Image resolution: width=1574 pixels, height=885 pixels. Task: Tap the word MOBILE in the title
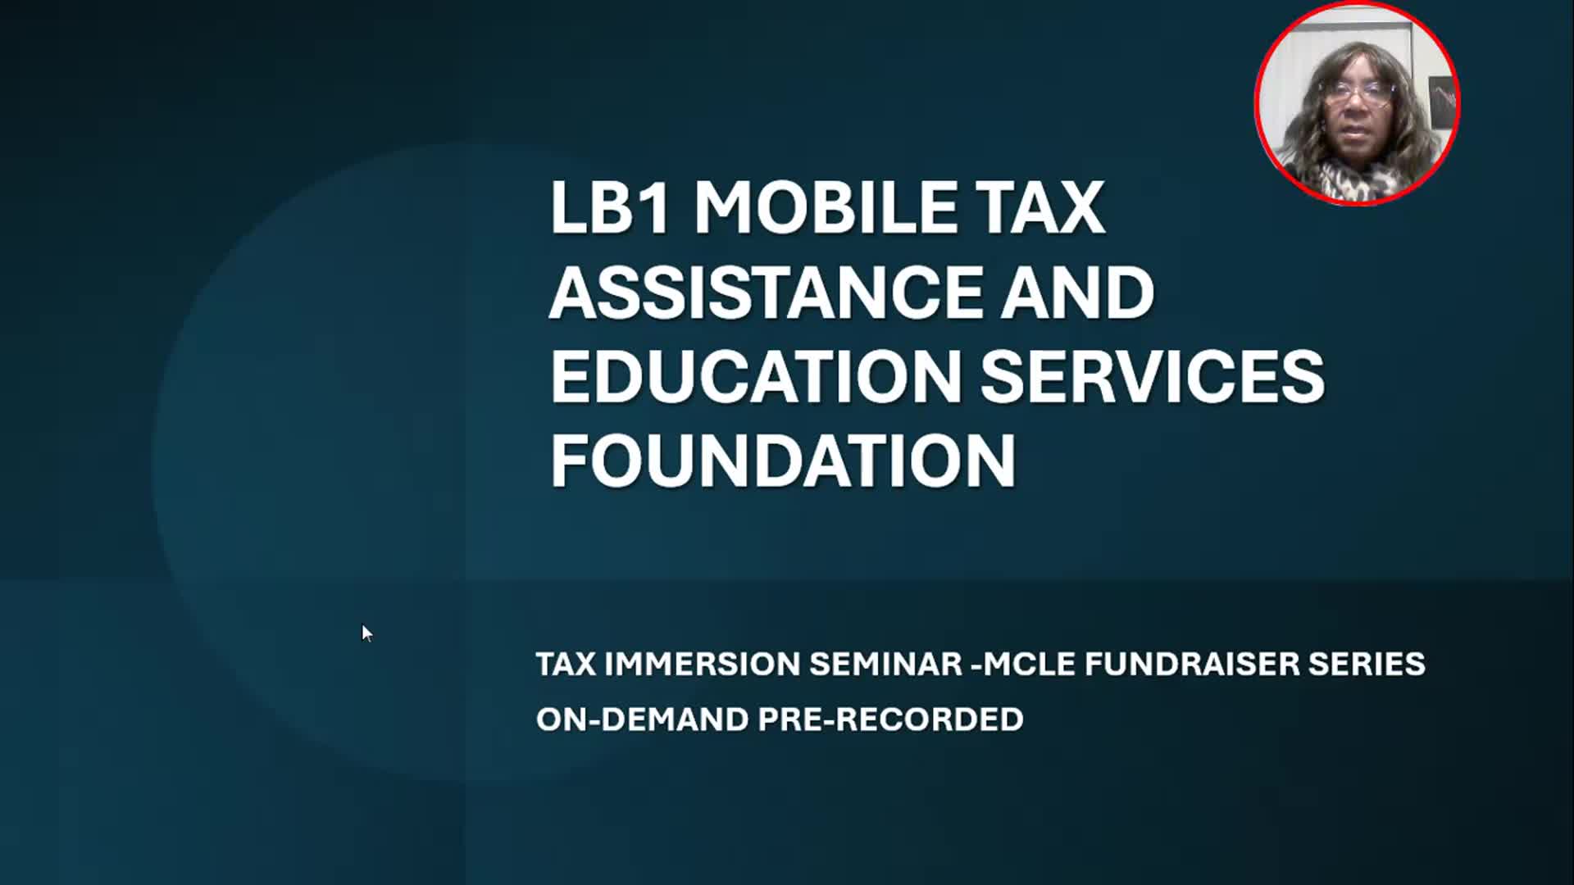point(824,207)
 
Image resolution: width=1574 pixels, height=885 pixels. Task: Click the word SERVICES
point(1153,376)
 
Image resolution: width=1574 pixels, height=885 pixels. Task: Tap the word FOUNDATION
point(784,461)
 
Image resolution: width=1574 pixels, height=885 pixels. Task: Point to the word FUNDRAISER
point(1192,664)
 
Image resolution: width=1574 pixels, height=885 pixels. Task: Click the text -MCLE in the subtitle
point(1022,664)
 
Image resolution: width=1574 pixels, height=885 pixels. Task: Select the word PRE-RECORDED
point(890,719)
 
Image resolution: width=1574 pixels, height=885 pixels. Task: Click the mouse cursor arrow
point(366,633)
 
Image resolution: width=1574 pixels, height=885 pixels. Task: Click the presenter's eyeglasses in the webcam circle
point(1357,95)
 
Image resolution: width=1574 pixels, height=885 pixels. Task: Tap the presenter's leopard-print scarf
point(1361,177)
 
